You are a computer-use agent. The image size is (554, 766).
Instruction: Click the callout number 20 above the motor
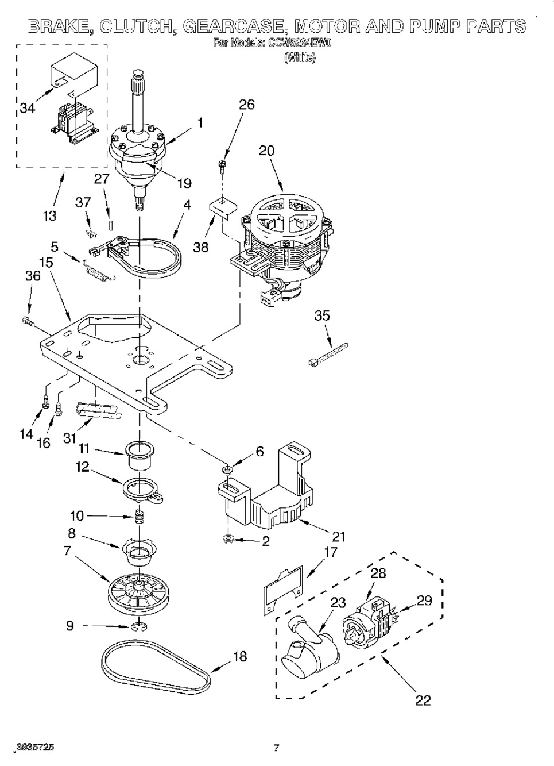(x=266, y=151)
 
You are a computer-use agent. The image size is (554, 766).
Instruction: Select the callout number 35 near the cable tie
(x=322, y=315)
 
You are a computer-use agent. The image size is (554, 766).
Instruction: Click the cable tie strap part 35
(x=328, y=353)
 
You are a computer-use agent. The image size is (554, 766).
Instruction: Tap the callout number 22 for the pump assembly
(x=423, y=700)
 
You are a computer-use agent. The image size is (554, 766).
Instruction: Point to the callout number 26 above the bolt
(x=246, y=105)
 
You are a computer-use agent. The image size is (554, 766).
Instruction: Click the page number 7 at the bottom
(x=276, y=748)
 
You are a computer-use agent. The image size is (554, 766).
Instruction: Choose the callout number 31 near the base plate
(x=69, y=438)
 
